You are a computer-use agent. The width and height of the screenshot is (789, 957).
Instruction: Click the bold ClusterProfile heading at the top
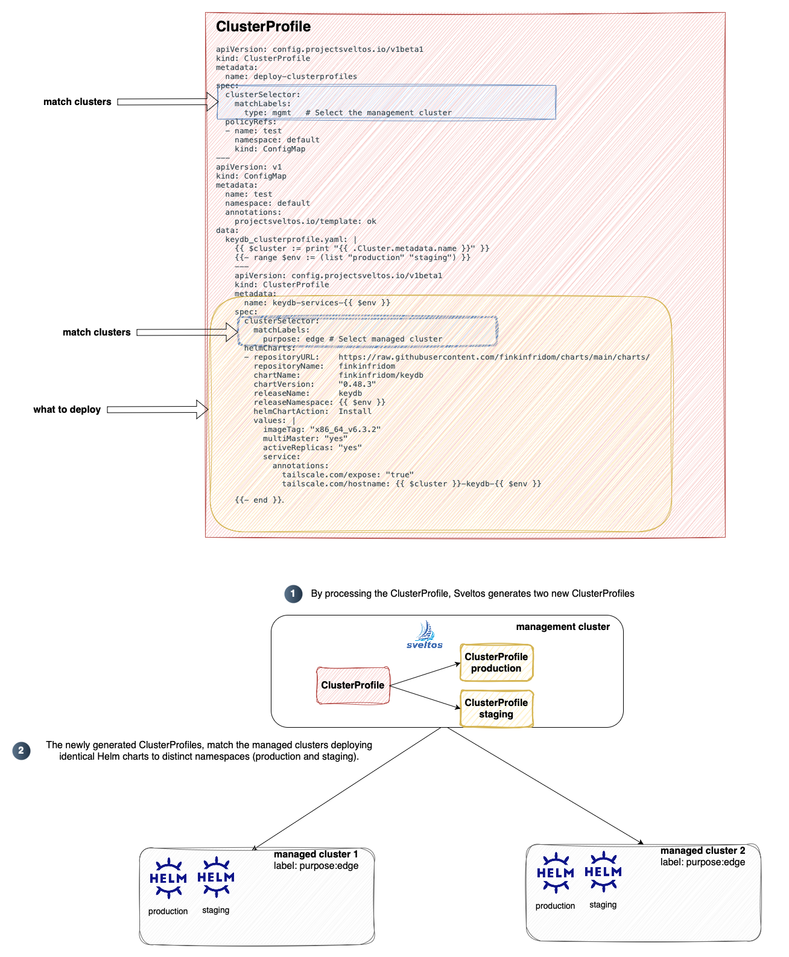click(263, 27)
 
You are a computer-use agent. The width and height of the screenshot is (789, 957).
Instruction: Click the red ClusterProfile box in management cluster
click(353, 685)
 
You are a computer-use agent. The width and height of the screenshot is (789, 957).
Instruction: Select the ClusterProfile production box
click(496, 663)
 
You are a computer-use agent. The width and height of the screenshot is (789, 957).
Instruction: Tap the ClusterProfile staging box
click(496, 708)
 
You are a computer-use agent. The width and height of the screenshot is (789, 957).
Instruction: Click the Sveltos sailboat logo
click(425, 634)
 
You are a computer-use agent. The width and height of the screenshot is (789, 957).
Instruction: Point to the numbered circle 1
click(293, 594)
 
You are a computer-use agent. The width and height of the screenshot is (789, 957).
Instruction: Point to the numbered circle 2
click(21, 751)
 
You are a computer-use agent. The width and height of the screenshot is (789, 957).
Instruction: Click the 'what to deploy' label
click(67, 410)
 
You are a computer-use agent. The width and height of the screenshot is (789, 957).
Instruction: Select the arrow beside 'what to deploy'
click(157, 410)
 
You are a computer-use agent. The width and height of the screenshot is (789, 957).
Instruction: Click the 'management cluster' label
click(563, 627)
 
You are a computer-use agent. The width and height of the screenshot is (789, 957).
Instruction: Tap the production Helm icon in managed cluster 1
click(168, 878)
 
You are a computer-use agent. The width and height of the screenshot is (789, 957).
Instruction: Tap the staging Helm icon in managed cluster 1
click(216, 877)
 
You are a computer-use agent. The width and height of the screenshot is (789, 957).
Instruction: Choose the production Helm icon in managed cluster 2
click(555, 873)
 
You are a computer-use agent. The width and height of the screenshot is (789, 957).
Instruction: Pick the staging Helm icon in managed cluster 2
click(603, 872)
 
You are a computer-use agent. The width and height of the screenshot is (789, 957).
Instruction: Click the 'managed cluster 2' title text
click(703, 851)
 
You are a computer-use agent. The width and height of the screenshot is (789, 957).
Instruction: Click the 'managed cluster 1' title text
click(315, 854)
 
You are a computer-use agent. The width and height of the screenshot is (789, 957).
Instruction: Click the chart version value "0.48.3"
click(357, 384)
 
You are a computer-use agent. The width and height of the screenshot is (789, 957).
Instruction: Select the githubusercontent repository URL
click(494, 357)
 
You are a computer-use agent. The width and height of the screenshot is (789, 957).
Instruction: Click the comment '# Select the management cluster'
click(378, 113)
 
